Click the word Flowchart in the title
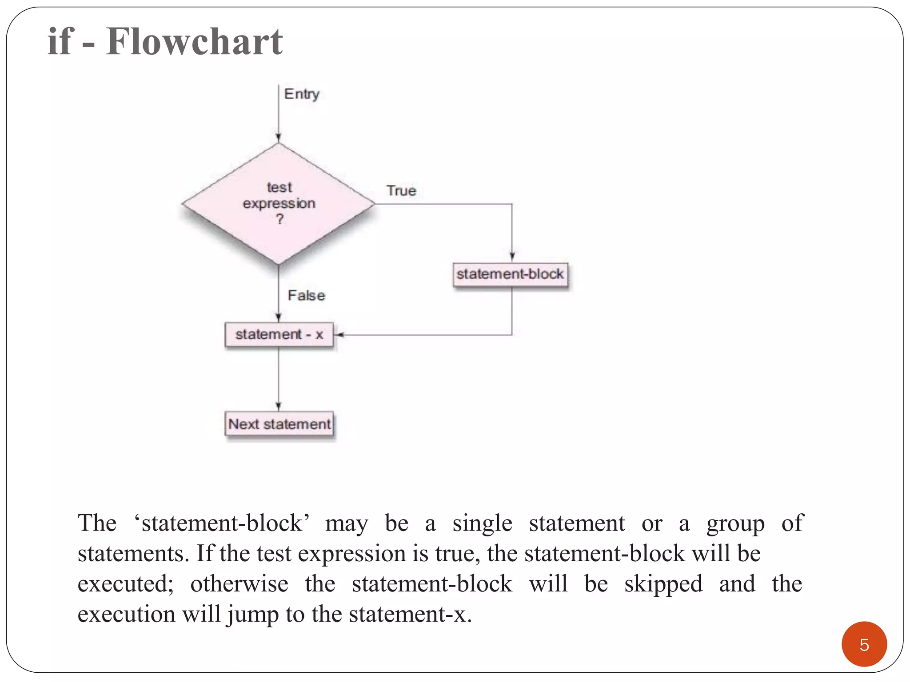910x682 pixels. (x=194, y=42)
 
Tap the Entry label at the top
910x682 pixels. (x=302, y=94)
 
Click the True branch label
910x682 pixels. (x=401, y=191)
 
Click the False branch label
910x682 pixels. (x=306, y=295)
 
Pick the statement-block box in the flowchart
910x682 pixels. (x=510, y=274)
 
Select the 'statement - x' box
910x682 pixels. (x=279, y=334)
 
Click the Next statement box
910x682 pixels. (x=279, y=424)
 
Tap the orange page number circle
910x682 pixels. (x=864, y=644)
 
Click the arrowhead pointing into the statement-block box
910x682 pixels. (x=512, y=257)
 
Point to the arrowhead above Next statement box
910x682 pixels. (x=279, y=406)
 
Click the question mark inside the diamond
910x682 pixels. (x=279, y=219)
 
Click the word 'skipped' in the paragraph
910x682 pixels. (x=663, y=584)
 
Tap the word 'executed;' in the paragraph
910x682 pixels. (x=125, y=584)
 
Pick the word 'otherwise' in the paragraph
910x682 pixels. (x=239, y=584)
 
